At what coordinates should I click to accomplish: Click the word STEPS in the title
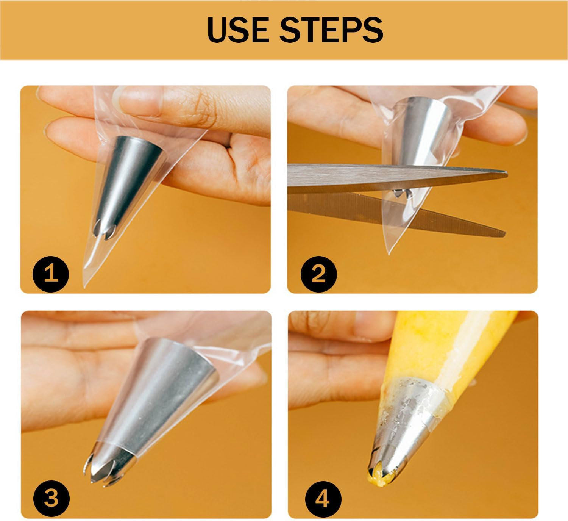[332, 30]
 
